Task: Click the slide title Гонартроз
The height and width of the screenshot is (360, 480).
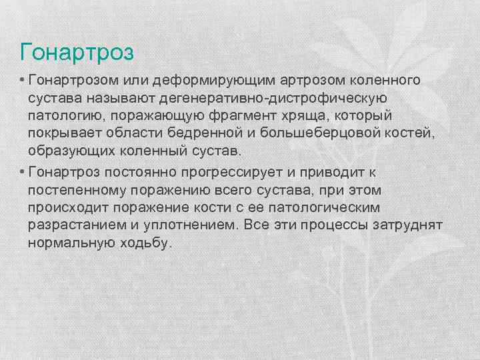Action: (x=77, y=51)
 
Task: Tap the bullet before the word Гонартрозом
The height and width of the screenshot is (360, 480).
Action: (x=22, y=80)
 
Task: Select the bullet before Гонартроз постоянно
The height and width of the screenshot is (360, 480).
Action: (x=22, y=172)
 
